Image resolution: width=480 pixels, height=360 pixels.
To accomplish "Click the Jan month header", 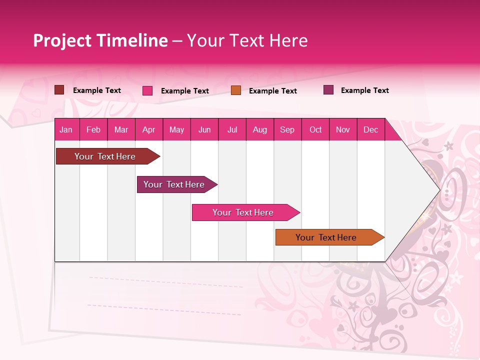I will tap(66, 130).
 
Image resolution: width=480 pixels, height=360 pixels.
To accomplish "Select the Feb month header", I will tap(93, 130).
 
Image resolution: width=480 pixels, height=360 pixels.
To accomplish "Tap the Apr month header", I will tap(148, 130).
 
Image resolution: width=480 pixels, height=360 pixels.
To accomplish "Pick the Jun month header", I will tap(204, 130).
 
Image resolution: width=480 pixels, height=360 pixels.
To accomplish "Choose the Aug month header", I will tap(259, 130).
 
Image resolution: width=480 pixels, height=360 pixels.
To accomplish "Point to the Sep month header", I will tap(287, 130).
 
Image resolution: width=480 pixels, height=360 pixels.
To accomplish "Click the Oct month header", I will tap(315, 130).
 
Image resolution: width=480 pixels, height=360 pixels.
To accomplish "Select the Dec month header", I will tap(370, 130).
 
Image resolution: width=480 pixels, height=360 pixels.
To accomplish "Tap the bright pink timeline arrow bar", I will tap(243, 212).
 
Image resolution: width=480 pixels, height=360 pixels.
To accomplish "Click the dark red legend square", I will tap(59, 90).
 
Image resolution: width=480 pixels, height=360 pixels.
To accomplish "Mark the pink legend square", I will tap(147, 90).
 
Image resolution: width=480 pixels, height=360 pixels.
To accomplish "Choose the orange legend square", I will tap(236, 90).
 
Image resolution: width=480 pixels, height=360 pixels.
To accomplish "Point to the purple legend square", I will tap(328, 90).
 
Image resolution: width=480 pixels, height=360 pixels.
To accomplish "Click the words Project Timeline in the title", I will tap(100, 40).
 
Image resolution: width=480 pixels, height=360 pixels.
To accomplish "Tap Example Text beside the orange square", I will tap(272, 91).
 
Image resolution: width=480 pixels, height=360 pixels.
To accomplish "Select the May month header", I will tap(176, 130).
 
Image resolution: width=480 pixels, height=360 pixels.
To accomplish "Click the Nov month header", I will tap(342, 130).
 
